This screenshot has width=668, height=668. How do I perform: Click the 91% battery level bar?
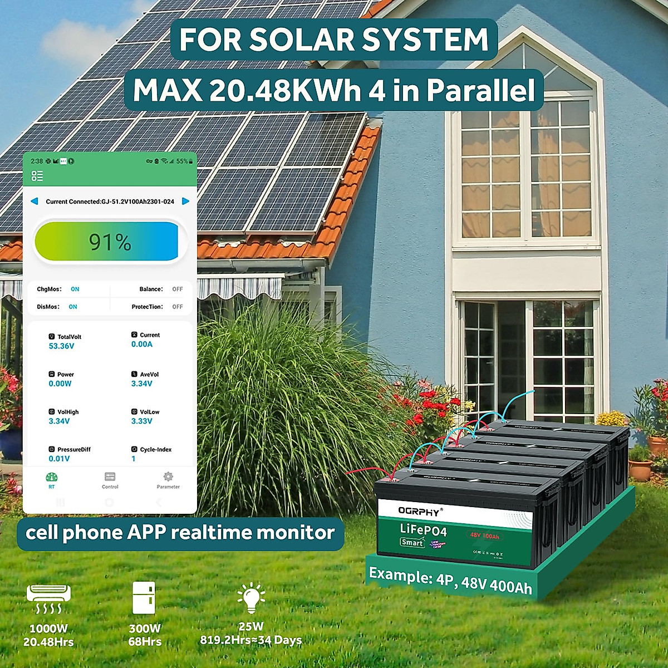click(110, 242)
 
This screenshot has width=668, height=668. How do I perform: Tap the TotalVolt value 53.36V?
click(61, 346)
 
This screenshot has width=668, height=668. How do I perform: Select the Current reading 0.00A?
click(142, 345)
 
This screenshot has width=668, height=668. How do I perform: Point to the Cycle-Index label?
click(155, 449)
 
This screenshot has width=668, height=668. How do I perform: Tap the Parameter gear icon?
click(168, 477)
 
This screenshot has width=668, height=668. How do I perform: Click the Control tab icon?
click(110, 477)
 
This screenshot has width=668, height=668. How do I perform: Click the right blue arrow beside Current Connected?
click(186, 201)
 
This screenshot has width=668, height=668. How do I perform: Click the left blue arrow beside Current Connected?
click(35, 201)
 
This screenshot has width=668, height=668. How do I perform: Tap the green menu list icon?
click(37, 176)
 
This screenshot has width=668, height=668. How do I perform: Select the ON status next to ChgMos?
click(75, 289)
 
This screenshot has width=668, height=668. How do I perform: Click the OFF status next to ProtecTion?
click(178, 307)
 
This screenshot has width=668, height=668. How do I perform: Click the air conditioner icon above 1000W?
click(48, 598)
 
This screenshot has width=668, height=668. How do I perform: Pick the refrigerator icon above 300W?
click(144, 598)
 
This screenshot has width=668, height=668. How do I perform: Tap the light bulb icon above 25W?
click(251, 598)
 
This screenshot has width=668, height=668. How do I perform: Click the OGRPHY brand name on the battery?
click(419, 510)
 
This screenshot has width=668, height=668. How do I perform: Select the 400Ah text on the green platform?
click(510, 586)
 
